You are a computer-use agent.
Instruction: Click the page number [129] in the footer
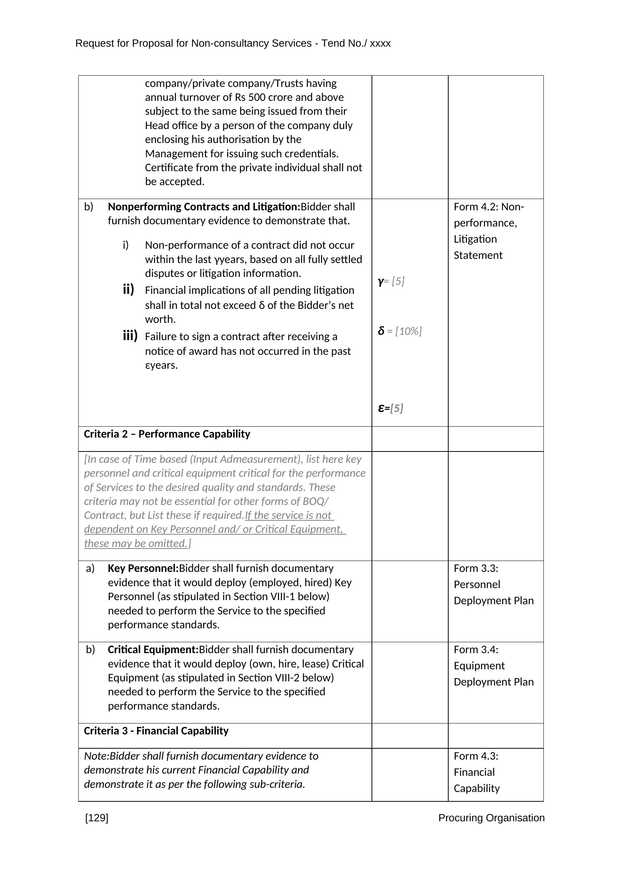point(97,818)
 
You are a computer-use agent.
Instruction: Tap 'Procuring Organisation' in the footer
point(491,818)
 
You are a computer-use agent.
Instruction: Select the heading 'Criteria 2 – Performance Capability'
point(167,434)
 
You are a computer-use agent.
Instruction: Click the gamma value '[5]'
point(398,281)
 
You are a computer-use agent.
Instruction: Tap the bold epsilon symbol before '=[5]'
point(381,408)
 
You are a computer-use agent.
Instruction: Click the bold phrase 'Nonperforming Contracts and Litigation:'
point(204,207)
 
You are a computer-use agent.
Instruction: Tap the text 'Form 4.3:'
point(476,756)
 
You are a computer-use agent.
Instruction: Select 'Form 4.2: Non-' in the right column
point(489,207)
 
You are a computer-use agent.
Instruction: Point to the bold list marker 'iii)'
point(130,336)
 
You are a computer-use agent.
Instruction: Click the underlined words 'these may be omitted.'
point(136,544)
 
